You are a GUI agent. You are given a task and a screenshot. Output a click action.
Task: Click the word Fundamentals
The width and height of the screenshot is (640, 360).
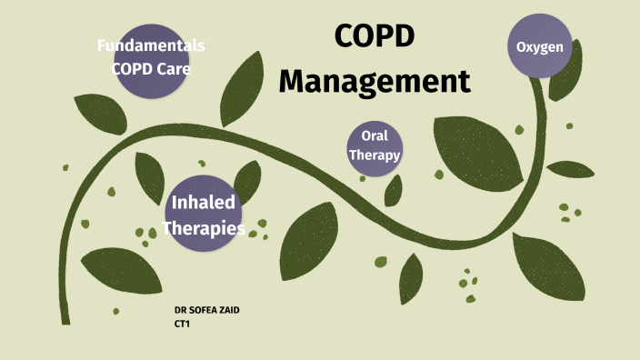click(151, 45)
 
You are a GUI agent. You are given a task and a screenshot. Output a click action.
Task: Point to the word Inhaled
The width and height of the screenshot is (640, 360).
click(205, 202)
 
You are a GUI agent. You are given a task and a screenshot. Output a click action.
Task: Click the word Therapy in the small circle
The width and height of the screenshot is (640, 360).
click(375, 155)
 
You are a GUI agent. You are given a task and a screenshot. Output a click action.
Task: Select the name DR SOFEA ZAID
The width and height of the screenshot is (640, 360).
click(207, 310)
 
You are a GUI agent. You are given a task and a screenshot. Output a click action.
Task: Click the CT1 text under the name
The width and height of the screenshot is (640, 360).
click(182, 323)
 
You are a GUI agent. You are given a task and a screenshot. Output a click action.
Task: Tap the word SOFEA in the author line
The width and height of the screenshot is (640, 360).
click(205, 310)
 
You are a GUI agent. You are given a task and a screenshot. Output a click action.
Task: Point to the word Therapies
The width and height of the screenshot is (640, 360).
click(205, 229)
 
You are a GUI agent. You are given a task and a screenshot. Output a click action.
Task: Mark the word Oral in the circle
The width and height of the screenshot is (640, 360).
click(375, 135)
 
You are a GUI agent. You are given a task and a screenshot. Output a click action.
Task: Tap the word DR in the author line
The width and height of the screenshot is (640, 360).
click(179, 310)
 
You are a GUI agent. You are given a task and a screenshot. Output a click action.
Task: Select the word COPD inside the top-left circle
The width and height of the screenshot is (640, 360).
click(133, 67)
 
